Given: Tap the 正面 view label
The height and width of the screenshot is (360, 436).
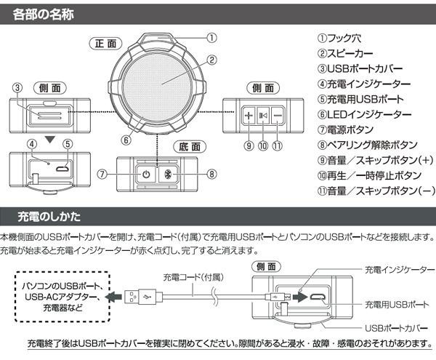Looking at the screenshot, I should pos(105,44).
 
